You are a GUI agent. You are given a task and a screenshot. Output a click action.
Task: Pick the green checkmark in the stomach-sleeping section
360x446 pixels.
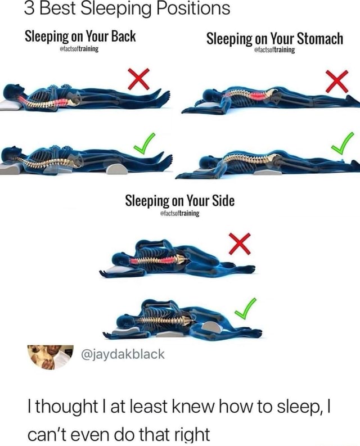pyautogui.click(x=342, y=143)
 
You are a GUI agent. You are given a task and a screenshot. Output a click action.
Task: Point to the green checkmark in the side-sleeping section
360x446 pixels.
pyautogui.click(x=245, y=307)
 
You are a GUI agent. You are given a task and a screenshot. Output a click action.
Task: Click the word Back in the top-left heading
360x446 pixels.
pyautogui.click(x=123, y=37)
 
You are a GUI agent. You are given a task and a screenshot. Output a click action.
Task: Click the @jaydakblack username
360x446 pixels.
pyautogui.click(x=124, y=354)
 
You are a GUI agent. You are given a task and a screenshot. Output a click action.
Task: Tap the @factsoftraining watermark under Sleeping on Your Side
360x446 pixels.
pyautogui.click(x=180, y=214)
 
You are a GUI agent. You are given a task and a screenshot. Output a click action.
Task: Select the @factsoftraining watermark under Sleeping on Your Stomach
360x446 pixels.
pyautogui.click(x=275, y=49)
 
